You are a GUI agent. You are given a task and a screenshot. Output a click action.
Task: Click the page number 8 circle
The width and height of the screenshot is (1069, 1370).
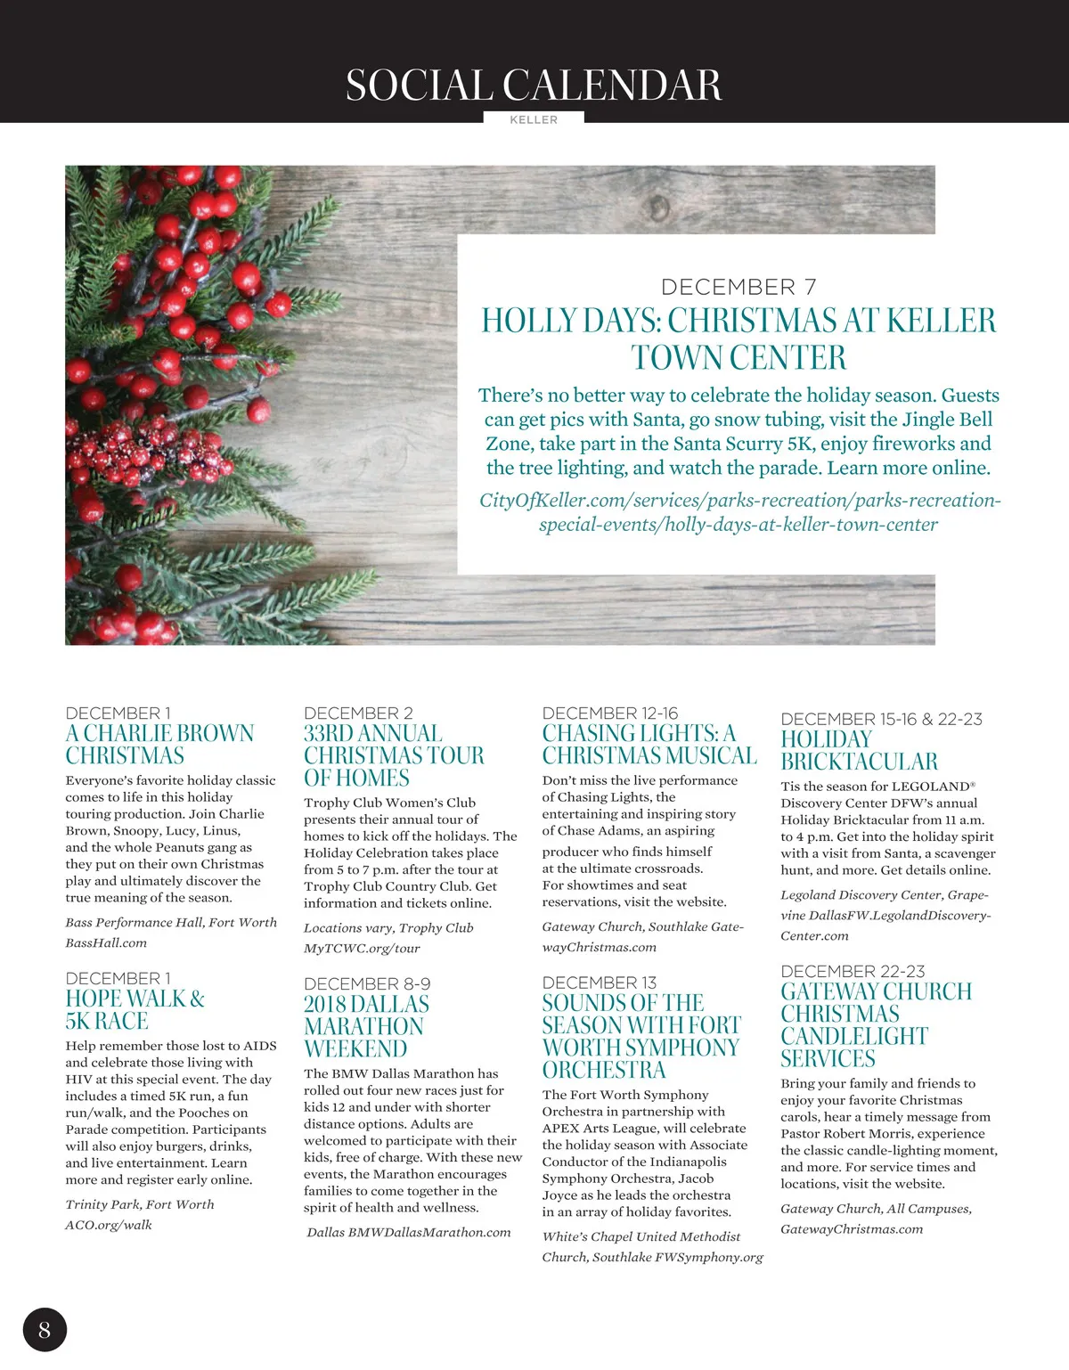(45, 1330)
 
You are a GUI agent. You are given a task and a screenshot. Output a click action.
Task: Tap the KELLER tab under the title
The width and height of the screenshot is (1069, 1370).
(534, 119)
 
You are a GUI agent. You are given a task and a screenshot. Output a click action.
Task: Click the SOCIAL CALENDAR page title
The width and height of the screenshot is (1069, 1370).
(534, 86)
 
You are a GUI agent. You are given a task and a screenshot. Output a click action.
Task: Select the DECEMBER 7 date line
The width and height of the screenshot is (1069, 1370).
(739, 287)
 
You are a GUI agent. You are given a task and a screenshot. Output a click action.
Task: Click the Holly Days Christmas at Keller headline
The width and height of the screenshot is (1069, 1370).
(739, 338)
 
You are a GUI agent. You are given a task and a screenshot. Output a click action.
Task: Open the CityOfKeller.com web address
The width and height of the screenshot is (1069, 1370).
(739, 512)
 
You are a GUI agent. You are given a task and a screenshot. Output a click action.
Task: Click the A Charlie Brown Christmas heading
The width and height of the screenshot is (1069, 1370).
(159, 745)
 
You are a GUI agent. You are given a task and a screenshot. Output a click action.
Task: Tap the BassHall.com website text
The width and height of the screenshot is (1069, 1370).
(106, 942)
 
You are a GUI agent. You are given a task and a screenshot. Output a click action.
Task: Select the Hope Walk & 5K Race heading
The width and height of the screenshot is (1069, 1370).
(135, 1009)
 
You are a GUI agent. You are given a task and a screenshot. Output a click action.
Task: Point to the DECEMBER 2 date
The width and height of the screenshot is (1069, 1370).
(358, 714)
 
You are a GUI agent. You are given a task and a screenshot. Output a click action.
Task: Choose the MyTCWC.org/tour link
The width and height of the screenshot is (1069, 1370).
(362, 948)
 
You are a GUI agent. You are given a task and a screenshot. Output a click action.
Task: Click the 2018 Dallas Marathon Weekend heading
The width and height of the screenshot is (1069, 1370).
(366, 1026)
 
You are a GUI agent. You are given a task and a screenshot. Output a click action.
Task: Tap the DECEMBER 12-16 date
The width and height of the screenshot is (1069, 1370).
(610, 714)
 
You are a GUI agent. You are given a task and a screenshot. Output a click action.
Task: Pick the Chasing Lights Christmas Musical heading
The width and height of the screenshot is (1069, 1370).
(649, 745)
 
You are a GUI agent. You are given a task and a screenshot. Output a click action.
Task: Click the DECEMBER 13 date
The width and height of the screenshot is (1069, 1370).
(600, 983)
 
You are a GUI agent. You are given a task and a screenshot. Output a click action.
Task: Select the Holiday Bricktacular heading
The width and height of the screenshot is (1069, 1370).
(859, 750)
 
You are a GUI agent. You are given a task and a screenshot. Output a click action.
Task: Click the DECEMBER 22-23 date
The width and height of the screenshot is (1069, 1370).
(853, 971)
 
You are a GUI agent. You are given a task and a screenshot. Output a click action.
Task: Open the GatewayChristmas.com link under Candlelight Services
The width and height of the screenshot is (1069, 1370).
(852, 1229)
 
